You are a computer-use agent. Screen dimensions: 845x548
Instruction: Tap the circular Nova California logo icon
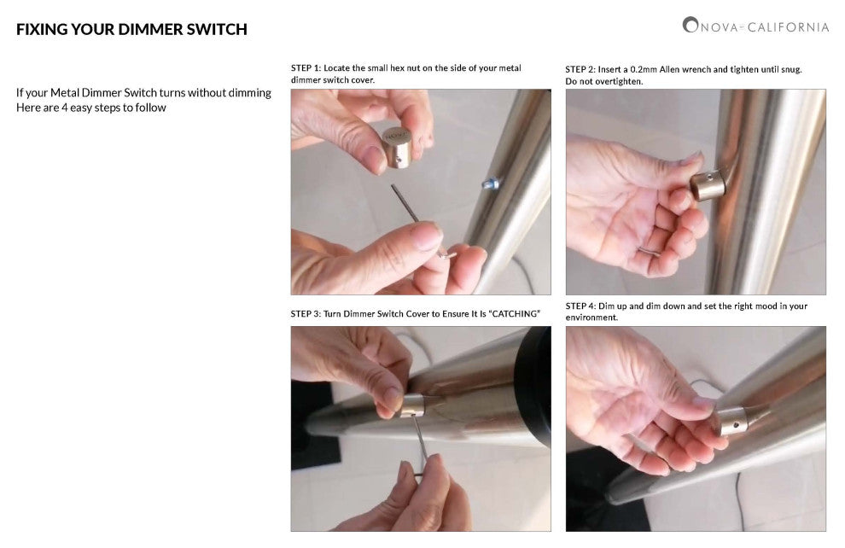690,25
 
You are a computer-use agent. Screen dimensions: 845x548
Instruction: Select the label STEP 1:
306,68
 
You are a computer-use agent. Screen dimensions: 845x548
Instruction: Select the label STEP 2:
580,69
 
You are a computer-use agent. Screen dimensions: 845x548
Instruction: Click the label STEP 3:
306,313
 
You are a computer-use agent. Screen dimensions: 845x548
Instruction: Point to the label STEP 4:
580,306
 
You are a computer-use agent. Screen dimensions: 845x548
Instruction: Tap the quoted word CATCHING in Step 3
515,313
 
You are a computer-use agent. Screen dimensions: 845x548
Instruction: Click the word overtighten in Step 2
606,81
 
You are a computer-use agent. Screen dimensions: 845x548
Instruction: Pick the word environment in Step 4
591,318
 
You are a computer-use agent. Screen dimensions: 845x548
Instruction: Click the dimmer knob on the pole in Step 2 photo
707,185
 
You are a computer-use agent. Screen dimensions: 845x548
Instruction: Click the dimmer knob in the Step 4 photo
732,422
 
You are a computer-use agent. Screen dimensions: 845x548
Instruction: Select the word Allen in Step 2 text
670,69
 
